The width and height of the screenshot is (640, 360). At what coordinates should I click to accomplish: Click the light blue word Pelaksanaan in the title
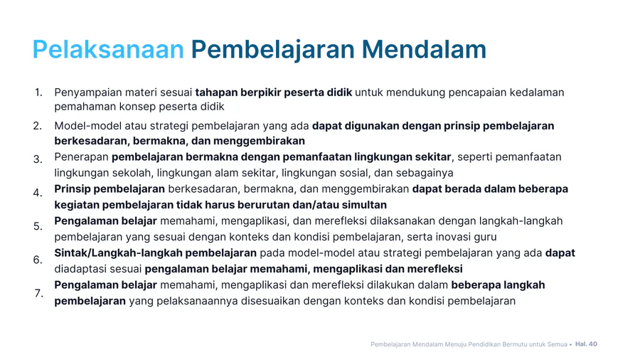(108, 49)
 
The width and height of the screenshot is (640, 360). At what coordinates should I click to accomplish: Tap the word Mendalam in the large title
(424, 49)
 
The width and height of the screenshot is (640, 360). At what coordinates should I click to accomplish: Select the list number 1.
(38, 92)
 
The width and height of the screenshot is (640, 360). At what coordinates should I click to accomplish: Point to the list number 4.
(38, 193)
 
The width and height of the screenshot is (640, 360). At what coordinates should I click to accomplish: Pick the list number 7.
(39, 293)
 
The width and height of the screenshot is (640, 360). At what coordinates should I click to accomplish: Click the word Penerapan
(81, 157)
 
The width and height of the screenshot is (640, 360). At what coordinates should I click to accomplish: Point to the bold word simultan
(364, 204)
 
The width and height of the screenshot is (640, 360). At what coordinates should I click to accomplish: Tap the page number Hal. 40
(586, 344)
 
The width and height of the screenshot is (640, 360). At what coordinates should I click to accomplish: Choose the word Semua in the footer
(556, 344)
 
